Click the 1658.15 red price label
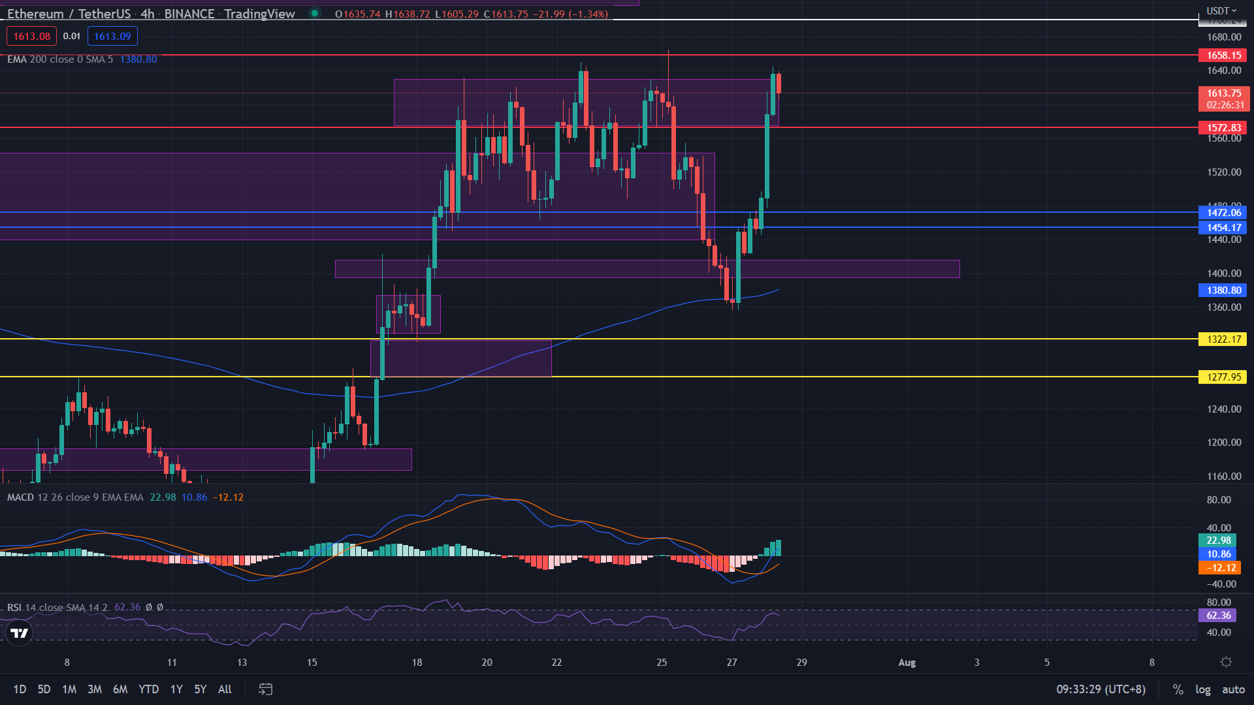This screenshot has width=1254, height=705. point(1223,55)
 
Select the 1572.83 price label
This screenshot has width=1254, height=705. point(1223,128)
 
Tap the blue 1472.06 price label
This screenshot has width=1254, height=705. point(1223,213)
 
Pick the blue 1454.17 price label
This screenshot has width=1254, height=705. point(1223,228)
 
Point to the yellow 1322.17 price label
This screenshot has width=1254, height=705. point(1223,339)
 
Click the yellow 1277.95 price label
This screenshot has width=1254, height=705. point(1223,377)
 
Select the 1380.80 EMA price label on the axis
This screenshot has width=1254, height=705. point(1223,290)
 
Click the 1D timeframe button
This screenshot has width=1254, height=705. point(20,689)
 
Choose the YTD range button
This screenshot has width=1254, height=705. point(148,689)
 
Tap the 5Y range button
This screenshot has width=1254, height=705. point(200,689)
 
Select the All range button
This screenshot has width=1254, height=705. point(225,689)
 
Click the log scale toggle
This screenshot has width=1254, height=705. point(1202,689)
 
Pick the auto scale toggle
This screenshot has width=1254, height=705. point(1233,689)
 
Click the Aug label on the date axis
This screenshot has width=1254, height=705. point(907,663)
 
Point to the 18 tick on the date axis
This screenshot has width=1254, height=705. point(417,663)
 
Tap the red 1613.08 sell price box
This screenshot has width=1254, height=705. point(31,37)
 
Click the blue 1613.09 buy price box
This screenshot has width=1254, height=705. point(112,37)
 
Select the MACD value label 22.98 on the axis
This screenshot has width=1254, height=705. point(1218,540)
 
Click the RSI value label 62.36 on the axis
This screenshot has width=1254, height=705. point(1218,616)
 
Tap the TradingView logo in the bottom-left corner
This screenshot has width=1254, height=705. point(20,633)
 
